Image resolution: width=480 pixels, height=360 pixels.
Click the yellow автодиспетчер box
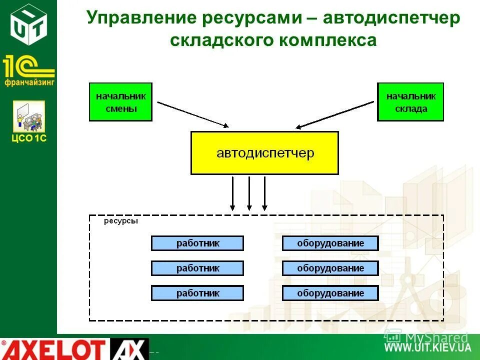(x=264, y=153)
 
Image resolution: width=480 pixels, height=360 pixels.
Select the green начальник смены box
(x=120, y=102)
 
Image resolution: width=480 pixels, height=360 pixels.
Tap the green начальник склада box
(x=410, y=102)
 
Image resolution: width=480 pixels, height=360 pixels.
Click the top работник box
(x=197, y=243)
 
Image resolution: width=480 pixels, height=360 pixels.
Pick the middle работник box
(x=197, y=268)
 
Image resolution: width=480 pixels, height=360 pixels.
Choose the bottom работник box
(x=197, y=293)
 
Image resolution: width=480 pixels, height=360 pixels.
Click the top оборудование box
(x=330, y=243)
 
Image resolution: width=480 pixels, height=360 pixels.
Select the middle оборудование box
(x=330, y=268)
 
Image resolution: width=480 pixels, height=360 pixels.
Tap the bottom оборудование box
(x=330, y=293)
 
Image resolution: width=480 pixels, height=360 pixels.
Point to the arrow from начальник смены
(x=192, y=114)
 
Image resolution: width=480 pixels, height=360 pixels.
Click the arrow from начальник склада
(x=335, y=114)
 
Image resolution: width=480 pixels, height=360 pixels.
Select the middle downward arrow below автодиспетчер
(x=249, y=193)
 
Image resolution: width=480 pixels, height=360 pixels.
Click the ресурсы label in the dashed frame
(x=120, y=221)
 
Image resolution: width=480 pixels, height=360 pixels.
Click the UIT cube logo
(x=28, y=21)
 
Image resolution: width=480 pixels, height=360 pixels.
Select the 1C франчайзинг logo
(x=28, y=70)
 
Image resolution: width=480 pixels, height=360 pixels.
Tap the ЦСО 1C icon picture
(x=29, y=116)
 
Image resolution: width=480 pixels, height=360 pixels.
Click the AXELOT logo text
(x=55, y=349)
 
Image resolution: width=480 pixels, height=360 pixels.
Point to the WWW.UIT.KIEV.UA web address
(x=427, y=347)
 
